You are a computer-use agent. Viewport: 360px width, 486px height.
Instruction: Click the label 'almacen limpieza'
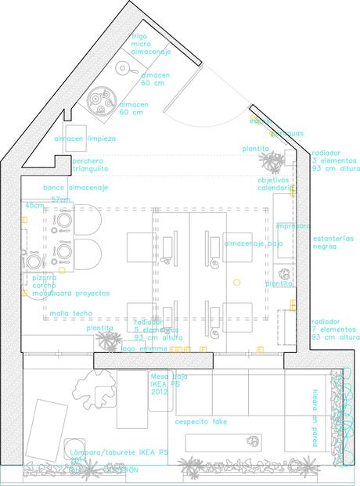coord(85,139)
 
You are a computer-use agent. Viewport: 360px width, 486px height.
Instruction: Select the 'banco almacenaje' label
coord(76,188)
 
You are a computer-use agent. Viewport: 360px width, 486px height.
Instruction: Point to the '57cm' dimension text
coord(60,200)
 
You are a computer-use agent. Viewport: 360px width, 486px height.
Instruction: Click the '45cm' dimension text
coord(34,205)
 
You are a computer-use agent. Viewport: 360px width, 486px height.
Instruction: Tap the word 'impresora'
coord(292,225)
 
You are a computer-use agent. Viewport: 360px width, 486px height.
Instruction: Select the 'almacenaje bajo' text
coord(254,244)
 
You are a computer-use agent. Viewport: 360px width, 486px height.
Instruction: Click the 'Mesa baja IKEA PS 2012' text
coord(167,385)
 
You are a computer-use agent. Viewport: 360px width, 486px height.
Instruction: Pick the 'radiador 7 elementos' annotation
coord(335,329)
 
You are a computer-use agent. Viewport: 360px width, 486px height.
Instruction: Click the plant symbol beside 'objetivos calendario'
coord(272,162)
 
